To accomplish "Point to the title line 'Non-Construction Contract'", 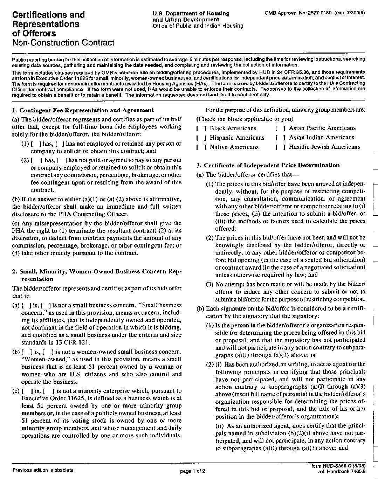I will tap(63, 43).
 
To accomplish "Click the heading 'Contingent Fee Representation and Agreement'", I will tap(86, 110).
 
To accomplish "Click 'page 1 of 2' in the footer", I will tap(192, 471).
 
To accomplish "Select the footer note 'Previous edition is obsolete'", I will tap(43, 470).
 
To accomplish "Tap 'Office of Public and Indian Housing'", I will tap(198, 26).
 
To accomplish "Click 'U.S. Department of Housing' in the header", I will tap(191, 13).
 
